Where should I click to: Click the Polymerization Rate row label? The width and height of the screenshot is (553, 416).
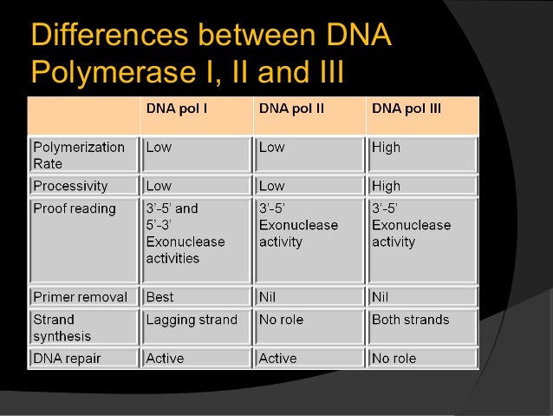tap(79, 155)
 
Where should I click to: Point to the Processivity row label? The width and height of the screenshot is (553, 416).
tap(70, 186)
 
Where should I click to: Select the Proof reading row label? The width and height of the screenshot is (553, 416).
tap(74, 209)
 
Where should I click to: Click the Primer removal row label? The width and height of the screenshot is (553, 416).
tap(80, 297)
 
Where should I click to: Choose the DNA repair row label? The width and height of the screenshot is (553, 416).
tap(68, 358)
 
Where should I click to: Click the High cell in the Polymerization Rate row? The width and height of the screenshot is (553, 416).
tap(387, 148)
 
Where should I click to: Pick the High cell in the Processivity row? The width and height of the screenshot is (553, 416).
tap(387, 186)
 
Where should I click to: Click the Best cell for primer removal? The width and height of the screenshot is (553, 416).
tap(160, 297)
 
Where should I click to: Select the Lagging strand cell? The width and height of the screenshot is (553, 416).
tap(192, 320)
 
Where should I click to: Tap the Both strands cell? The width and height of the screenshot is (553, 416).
tap(411, 320)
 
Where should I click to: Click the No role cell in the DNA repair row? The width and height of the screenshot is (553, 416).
tap(394, 358)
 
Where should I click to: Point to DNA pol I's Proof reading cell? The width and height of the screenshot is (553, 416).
tap(185, 234)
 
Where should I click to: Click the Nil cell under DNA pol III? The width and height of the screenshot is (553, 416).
tap(381, 297)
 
